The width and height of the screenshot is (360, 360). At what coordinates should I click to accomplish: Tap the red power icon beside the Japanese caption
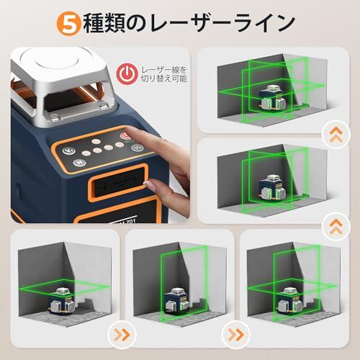pyautogui.click(x=127, y=73)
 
